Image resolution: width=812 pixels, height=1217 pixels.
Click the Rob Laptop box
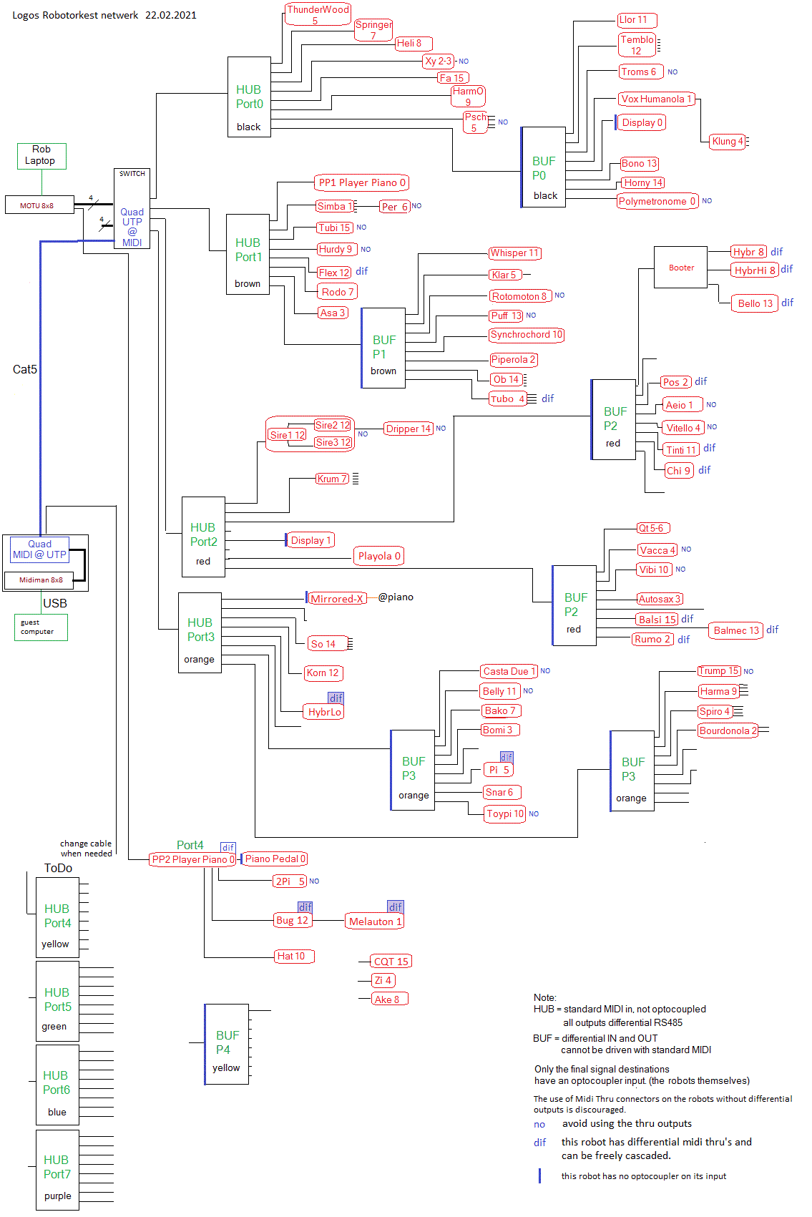pyautogui.click(x=41, y=156)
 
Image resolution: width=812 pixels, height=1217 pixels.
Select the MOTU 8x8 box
pyautogui.click(x=39, y=205)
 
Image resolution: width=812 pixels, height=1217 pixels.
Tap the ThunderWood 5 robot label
pyautogui.click(x=318, y=14)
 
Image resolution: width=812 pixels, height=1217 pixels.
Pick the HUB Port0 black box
pyautogui.click(x=249, y=97)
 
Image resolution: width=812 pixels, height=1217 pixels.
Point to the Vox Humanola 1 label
pyautogui.click(x=656, y=99)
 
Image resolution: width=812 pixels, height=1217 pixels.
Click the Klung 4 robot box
pyautogui.click(x=728, y=142)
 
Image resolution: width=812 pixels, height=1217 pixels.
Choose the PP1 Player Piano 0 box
pyautogui.click(x=361, y=182)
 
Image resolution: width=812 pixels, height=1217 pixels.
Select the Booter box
pyautogui.click(x=680, y=268)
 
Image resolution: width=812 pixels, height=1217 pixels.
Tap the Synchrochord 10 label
pyautogui.click(x=527, y=335)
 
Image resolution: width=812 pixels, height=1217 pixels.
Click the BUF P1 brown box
pyautogui.click(x=383, y=348)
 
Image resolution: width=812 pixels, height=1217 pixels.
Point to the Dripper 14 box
pyautogui.click(x=409, y=429)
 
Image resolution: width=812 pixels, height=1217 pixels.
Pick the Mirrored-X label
pyautogui.click(x=337, y=599)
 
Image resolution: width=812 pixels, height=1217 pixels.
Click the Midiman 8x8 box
pyautogui.click(x=41, y=580)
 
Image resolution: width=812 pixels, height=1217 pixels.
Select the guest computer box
pyautogui.click(x=41, y=627)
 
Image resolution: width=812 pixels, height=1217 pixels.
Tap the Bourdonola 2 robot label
pyautogui.click(x=728, y=730)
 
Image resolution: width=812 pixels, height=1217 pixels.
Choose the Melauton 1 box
pyautogui.click(x=375, y=922)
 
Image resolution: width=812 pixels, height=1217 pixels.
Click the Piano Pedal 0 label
pyautogui.click(x=275, y=859)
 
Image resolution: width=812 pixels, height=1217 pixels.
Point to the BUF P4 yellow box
pyautogui.click(x=227, y=1045)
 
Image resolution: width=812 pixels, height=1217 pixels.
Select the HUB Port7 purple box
pyautogui.click(x=57, y=1170)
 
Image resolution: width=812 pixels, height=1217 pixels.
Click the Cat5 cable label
pyautogui.click(x=25, y=369)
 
